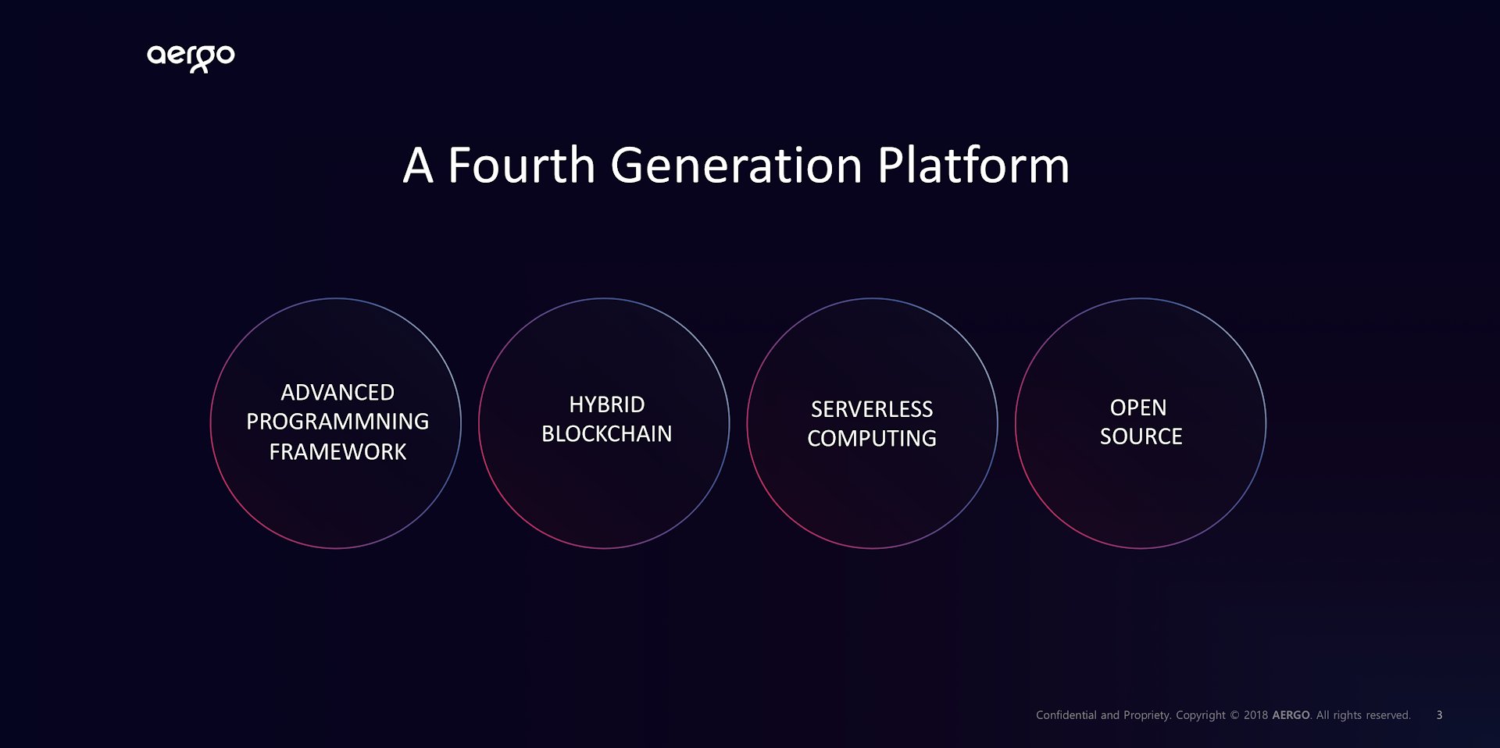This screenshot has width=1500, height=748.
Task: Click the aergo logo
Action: (191, 58)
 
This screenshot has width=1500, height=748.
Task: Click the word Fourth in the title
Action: (521, 166)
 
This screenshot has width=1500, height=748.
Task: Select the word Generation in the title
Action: (737, 166)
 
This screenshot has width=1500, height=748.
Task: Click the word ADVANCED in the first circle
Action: (337, 392)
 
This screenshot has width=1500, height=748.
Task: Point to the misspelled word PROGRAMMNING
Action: (337, 422)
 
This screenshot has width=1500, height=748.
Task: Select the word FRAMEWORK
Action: (337, 451)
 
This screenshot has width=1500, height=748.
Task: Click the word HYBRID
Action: (607, 404)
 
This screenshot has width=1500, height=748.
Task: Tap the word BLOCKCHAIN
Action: (607, 433)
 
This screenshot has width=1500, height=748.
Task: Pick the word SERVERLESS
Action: (872, 409)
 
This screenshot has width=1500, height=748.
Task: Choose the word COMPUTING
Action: (872, 438)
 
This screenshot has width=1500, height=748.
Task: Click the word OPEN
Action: (1138, 408)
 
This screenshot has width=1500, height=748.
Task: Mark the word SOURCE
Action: (1141, 436)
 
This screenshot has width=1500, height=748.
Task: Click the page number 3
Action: (1439, 715)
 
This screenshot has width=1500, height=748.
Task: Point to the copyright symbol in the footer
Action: (1234, 715)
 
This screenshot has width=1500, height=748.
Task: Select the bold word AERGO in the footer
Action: (1291, 715)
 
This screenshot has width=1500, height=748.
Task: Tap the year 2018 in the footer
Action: (1255, 715)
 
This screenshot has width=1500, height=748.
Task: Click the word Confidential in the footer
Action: (1066, 715)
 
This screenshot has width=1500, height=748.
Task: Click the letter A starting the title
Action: (418, 166)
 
